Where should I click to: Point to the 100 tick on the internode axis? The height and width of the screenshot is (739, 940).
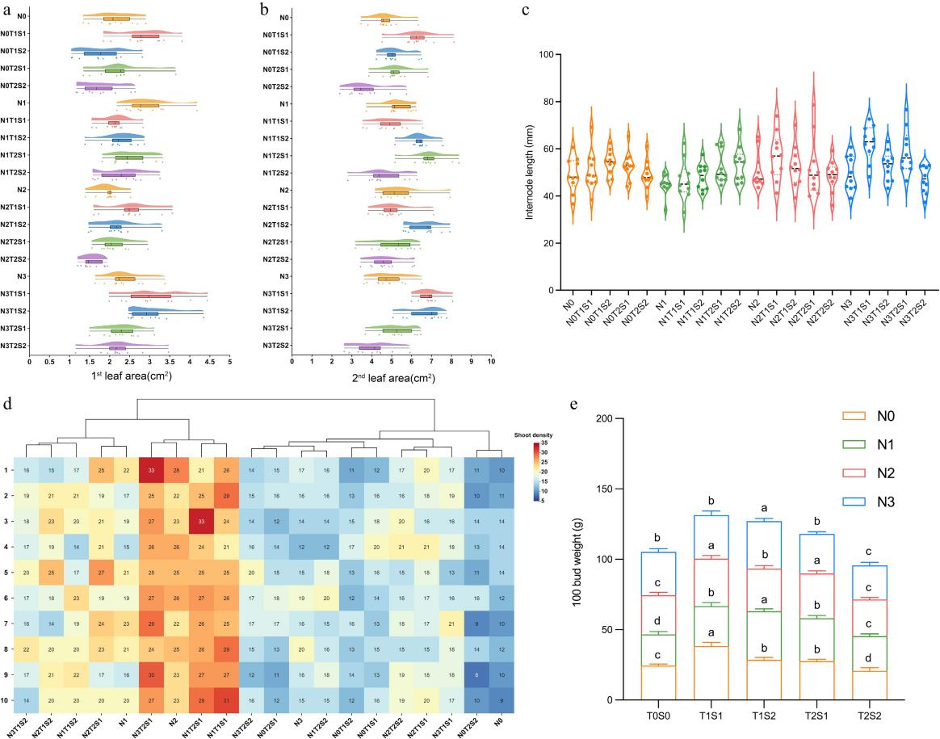click(551, 55)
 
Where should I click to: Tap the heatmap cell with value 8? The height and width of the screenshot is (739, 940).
click(477, 673)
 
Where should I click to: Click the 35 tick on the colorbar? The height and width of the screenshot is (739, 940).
click(549, 443)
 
